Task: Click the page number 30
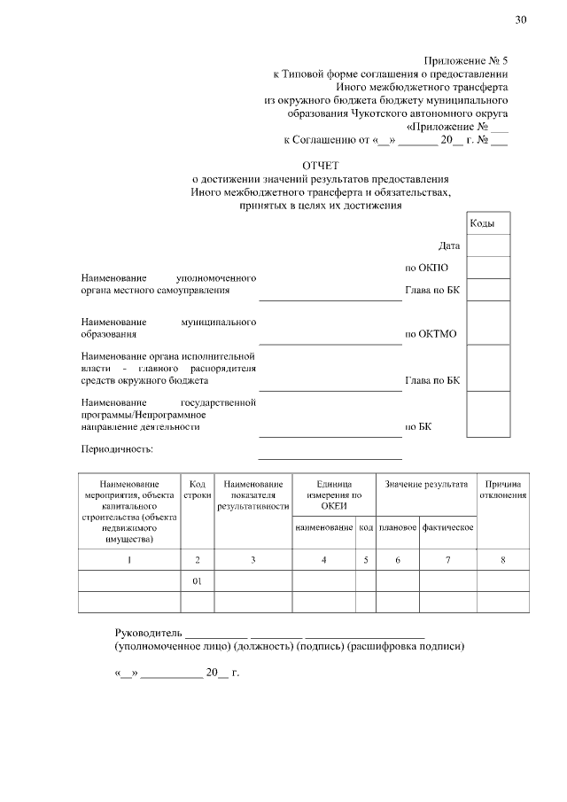click(x=520, y=20)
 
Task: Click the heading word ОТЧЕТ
click(x=320, y=165)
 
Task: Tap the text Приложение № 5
click(x=466, y=61)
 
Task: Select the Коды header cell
click(x=487, y=223)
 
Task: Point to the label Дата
click(x=449, y=245)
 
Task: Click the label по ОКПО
click(x=427, y=268)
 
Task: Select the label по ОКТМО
click(x=431, y=335)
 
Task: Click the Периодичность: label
click(x=117, y=449)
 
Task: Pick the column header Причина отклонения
click(x=503, y=489)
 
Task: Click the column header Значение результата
click(x=425, y=484)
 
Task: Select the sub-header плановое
click(x=397, y=527)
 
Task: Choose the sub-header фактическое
click(x=447, y=527)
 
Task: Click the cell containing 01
click(x=198, y=580)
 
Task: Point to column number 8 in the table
click(x=503, y=559)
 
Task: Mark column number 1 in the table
click(x=129, y=559)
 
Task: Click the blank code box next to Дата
click(x=487, y=245)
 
